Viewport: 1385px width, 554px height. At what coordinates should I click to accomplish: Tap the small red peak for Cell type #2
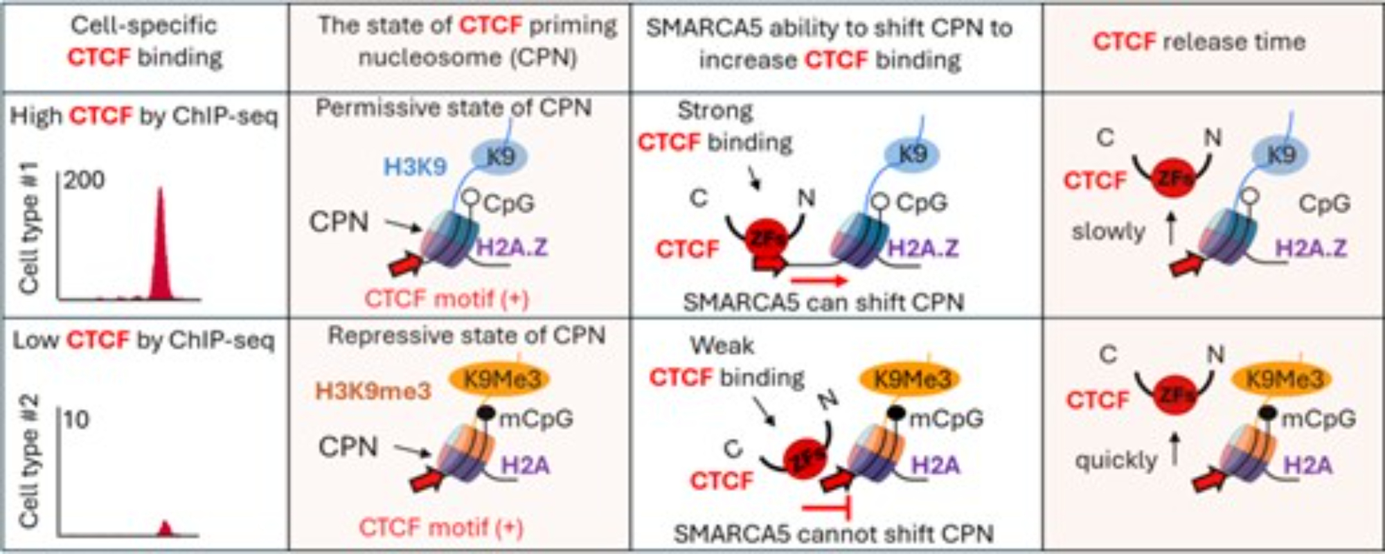click(x=164, y=530)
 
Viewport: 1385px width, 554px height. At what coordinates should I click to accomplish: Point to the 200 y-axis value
click(x=84, y=180)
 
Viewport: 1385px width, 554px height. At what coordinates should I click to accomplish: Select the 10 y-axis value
click(x=76, y=419)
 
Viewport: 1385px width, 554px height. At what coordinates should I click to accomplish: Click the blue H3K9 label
click(x=415, y=167)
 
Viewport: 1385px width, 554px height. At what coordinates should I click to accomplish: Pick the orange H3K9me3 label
click(x=373, y=391)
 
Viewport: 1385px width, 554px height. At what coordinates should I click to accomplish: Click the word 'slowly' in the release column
click(x=1108, y=231)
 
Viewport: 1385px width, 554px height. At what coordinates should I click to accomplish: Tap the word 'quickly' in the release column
click(x=1116, y=460)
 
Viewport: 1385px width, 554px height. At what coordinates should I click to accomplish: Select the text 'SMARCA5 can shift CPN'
click(x=823, y=303)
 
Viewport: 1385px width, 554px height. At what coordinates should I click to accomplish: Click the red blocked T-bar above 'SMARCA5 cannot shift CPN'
click(x=828, y=510)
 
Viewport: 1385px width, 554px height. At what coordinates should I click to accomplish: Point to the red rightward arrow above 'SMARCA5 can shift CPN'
click(x=819, y=280)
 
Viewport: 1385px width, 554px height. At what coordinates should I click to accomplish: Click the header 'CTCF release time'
click(x=1199, y=42)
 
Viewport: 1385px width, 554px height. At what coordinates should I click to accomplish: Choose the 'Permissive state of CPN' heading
click(x=454, y=108)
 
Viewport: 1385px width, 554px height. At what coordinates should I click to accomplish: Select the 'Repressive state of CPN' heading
click(x=466, y=336)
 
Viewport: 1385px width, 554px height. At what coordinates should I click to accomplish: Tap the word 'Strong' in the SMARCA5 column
click(x=715, y=111)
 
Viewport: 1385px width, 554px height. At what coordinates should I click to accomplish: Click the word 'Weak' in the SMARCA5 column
click(x=722, y=345)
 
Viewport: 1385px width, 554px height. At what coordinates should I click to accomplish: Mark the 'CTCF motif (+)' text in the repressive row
click(x=441, y=528)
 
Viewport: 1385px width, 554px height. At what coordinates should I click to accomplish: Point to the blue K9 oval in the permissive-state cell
click(x=500, y=157)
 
